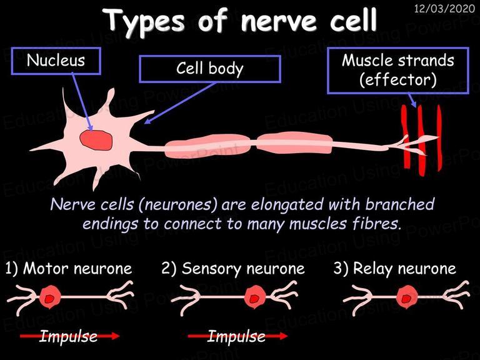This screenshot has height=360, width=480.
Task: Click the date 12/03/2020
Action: (x=444, y=9)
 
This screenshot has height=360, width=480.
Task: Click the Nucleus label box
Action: (x=56, y=61)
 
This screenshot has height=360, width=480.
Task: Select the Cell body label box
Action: (x=210, y=69)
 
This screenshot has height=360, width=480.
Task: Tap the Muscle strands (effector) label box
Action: (x=398, y=71)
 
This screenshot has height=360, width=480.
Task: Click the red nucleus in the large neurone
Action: (x=96, y=140)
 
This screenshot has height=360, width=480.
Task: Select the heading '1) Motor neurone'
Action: (x=69, y=269)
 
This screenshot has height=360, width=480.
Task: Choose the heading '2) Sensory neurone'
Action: (x=233, y=269)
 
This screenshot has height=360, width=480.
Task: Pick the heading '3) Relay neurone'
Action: (x=394, y=269)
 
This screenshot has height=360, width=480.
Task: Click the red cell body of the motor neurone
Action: (x=50, y=297)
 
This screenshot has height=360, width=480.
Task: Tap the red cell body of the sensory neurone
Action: (x=255, y=297)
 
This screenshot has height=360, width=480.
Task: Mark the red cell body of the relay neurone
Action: (x=407, y=297)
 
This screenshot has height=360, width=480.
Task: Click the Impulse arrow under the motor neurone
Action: (x=70, y=336)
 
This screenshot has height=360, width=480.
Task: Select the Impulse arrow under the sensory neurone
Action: (x=237, y=336)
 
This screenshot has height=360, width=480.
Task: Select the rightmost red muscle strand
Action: (x=439, y=137)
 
